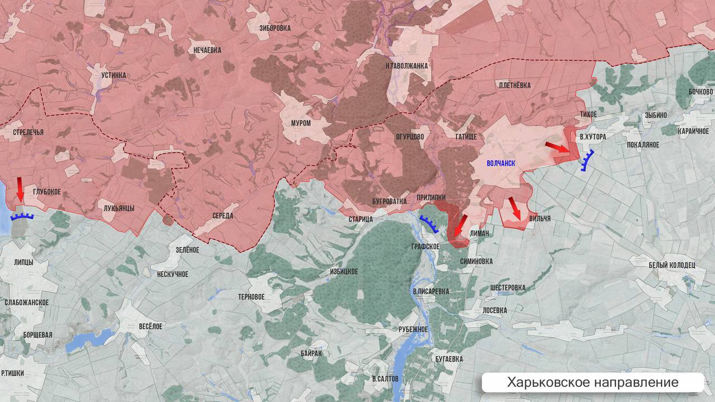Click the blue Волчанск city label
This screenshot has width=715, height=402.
click(500, 163)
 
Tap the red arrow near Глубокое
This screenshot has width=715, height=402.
click(20, 189)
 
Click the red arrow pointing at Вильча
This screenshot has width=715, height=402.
click(514, 208)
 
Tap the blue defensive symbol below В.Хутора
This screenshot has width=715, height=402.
click(587, 160)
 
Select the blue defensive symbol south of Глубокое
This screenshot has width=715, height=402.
click(22, 216)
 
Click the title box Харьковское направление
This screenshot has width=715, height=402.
click(593, 382)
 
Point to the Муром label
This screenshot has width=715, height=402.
click(301, 123)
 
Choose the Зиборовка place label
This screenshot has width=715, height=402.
click(275, 27)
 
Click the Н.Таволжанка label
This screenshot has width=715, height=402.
click(407, 66)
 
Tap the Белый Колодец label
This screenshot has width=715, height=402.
click(671, 265)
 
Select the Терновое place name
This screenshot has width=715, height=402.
click(251, 297)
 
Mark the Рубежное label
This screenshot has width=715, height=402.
click(413, 329)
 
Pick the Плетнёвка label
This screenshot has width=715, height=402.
click(514, 85)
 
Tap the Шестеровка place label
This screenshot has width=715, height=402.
click(507, 288)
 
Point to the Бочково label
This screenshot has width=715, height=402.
click(700, 92)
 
